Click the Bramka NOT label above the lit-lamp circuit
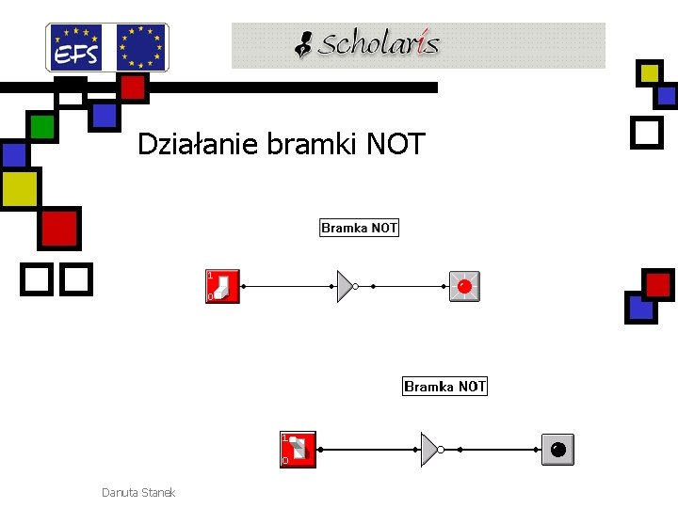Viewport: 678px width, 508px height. (x=360, y=228)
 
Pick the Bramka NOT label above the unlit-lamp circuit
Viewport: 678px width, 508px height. (x=445, y=387)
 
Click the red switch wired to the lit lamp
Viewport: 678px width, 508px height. (x=223, y=286)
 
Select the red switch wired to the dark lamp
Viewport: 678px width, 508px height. (x=298, y=450)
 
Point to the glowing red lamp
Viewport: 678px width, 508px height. (x=464, y=286)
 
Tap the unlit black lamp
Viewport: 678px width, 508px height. (x=557, y=450)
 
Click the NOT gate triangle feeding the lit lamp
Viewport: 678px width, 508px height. (x=345, y=285)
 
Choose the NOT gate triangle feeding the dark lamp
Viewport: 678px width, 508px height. (x=428, y=450)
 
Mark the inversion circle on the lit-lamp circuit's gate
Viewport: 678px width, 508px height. (x=356, y=285)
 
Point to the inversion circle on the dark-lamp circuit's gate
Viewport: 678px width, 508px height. (x=441, y=450)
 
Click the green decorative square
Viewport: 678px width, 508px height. (x=41, y=125)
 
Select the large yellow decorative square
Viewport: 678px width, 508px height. (x=18, y=189)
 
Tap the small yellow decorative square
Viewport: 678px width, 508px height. (x=649, y=72)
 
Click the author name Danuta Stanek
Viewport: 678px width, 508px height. (x=138, y=493)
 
